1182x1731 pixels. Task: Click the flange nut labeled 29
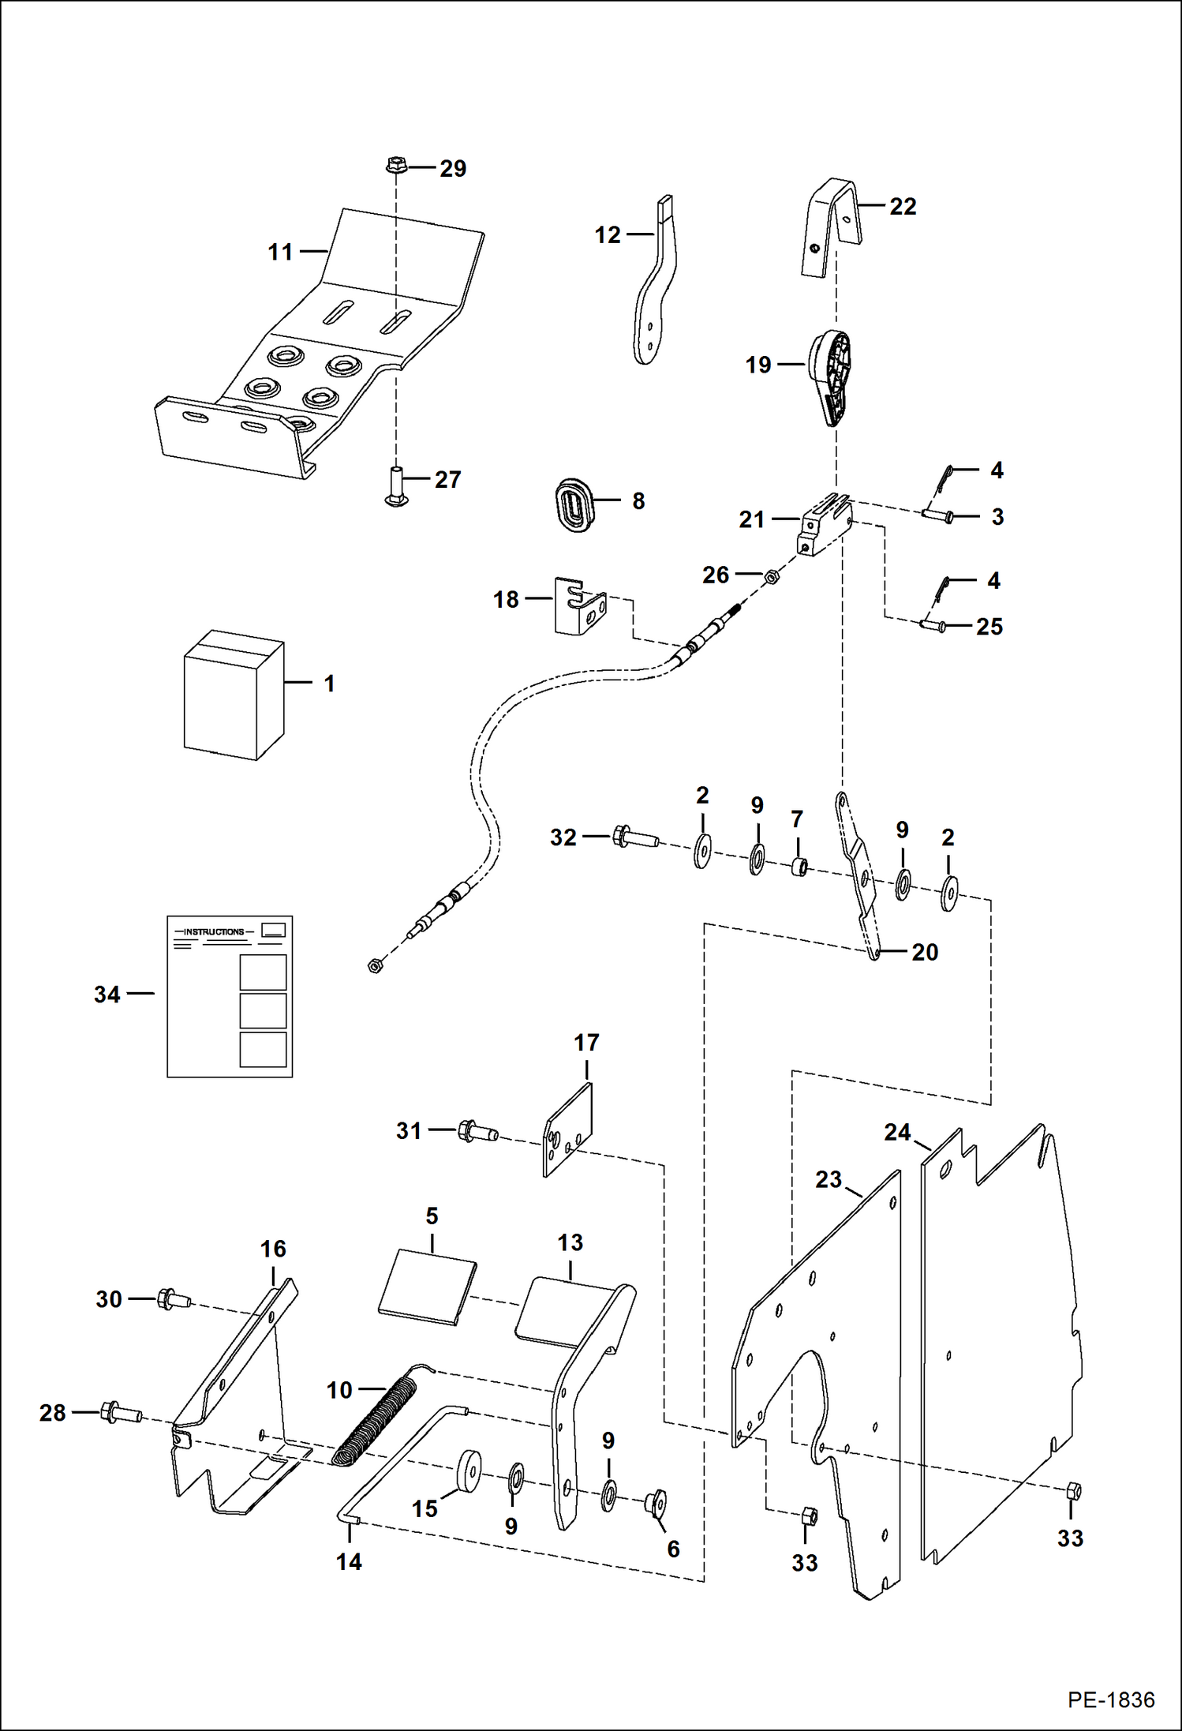(x=396, y=167)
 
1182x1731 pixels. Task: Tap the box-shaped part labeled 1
(x=233, y=695)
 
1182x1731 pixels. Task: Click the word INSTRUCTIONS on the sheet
(x=214, y=931)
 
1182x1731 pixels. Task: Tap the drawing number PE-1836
(x=1111, y=1699)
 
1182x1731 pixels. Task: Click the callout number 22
(x=903, y=206)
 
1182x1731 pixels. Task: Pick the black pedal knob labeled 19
(x=831, y=377)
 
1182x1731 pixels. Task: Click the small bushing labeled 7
(x=799, y=868)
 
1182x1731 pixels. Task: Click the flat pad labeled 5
(x=427, y=1286)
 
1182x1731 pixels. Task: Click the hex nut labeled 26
(x=772, y=577)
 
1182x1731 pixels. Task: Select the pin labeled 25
(x=935, y=627)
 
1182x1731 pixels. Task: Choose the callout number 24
(x=897, y=1132)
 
